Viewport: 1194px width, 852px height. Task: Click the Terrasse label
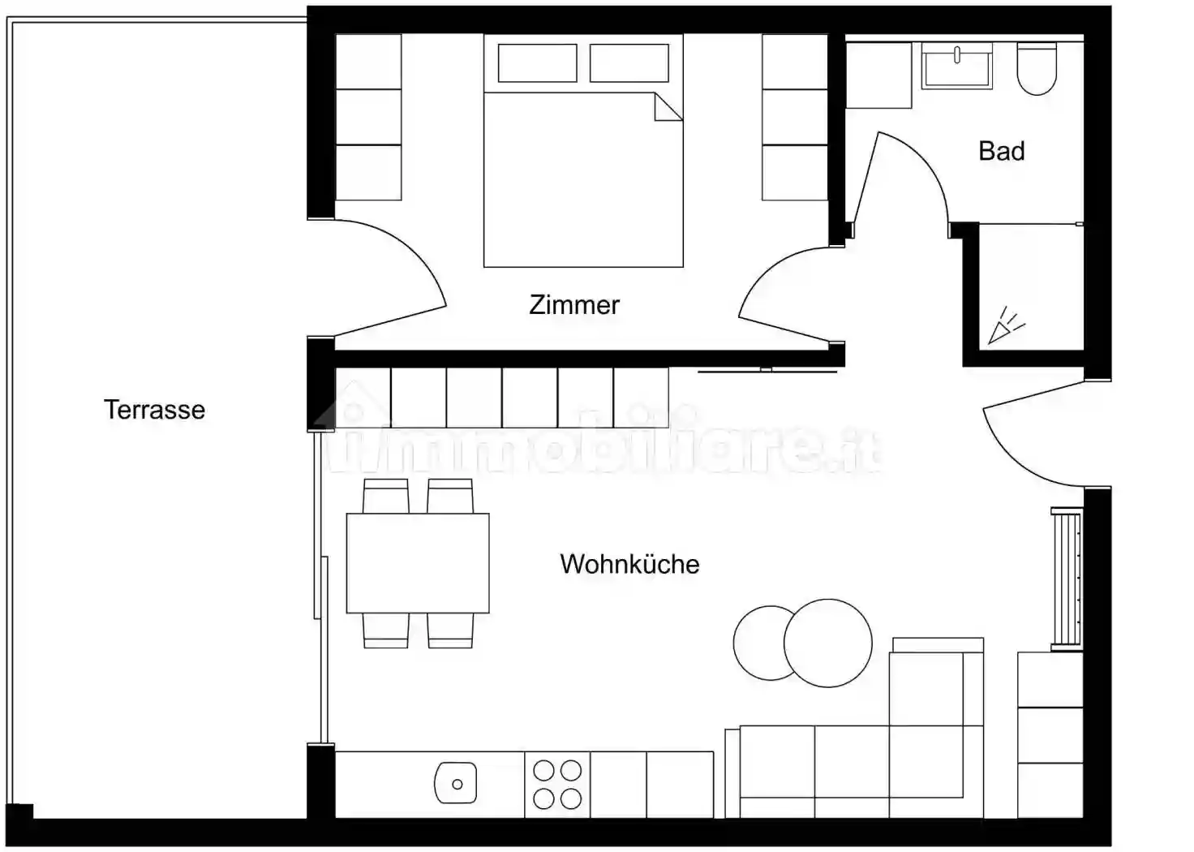(154, 410)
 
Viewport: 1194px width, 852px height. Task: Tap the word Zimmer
(574, 305)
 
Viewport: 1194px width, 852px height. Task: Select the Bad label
(1002, 151)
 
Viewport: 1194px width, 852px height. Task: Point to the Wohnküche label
(629, 564)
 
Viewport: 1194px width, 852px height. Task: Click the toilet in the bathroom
(1037, 69)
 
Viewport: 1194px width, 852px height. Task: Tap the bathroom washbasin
(957, 66)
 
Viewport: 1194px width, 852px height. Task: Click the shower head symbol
(1006, 325)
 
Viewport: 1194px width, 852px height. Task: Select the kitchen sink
(456, 783)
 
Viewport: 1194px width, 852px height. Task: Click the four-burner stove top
(557, 785)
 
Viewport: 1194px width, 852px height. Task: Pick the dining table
(418, 563)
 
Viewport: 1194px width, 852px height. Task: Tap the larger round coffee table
(828, 643)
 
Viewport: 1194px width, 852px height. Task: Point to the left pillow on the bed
(537, 63)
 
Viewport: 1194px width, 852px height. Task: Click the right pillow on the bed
(629, 63)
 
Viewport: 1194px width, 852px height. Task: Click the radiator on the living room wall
(1067, 579)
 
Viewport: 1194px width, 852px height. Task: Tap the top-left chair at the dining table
(386, 496)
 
